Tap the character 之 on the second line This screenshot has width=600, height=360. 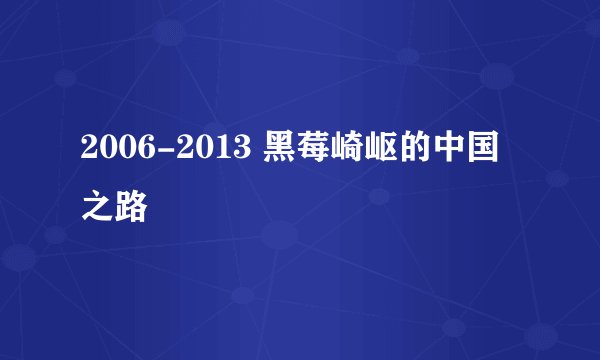99,208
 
